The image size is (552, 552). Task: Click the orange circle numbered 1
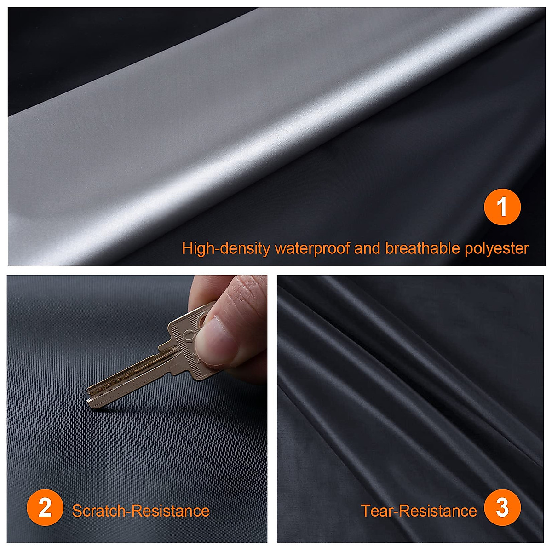click(502, 207)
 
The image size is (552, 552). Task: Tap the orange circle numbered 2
click(45, 507)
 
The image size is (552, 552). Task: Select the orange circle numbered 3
click(502, 507)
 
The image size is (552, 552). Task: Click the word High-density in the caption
click(226, 248)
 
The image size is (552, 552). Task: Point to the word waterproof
click(312, 248)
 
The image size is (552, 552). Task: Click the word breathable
click(422, 248)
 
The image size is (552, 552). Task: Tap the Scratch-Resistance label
click(141, 511)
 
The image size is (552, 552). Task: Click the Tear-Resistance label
click(419, 511)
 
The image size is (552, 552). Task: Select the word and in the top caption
click(367, 248)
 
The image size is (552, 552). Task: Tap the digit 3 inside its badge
click(502, 507)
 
